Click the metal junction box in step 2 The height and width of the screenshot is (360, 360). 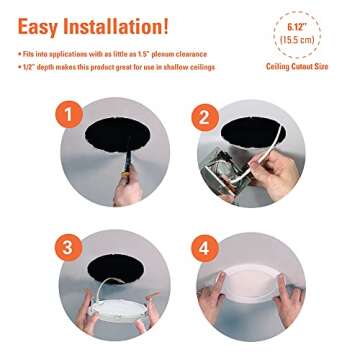click(x=236, y=165)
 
